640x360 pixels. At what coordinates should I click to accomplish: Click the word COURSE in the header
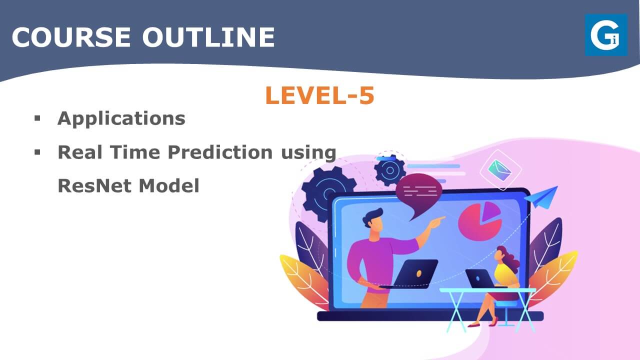(71, 37)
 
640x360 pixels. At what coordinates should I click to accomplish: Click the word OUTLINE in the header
(208, 37)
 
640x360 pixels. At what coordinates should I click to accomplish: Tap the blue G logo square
(606, 35)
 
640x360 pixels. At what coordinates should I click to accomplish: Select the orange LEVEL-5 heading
(319, 95)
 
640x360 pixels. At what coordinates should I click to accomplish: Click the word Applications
(121, 118)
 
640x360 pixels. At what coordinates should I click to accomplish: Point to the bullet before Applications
(37, 118)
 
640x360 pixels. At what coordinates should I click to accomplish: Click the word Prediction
(220, 152)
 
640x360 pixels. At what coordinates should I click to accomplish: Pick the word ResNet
(94, 185)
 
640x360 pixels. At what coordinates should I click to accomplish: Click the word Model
(169, 185)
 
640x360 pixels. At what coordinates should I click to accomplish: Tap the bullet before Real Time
(37, 152)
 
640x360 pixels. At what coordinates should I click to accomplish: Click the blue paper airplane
(541, 197)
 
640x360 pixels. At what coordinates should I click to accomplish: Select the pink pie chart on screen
(480, 220)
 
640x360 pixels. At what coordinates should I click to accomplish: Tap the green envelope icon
(499, 170)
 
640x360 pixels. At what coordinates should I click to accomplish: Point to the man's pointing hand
(436, 222)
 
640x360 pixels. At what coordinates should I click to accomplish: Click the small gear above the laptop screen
(390, 170)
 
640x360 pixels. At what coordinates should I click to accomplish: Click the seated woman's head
(503, 255)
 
